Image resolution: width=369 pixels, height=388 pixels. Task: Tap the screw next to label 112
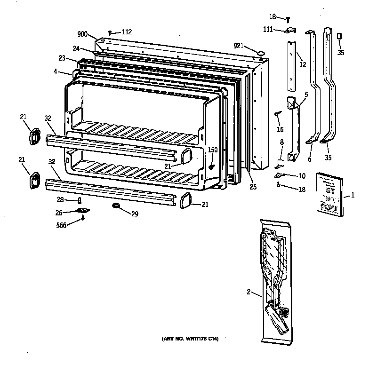coord(110,32)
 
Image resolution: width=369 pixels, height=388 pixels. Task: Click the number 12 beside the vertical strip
coord(303,64)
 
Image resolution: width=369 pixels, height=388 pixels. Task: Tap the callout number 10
coord(301,176)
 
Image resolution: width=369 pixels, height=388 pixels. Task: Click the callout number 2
coord(248,292)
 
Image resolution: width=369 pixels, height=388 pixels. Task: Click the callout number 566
coord(61,225)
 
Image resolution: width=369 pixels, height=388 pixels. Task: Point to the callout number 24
coord(76,48)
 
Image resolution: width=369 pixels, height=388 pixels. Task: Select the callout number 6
coord(309,159)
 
